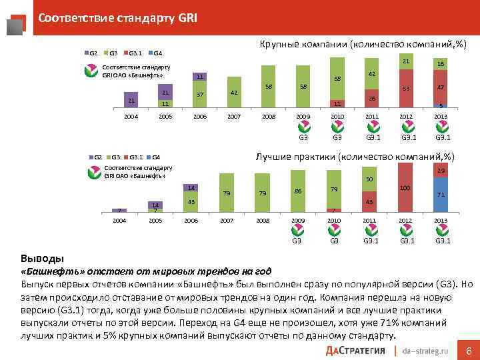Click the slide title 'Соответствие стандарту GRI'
(117, 18)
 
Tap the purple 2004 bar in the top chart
(131, 101)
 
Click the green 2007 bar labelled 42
(233, 93)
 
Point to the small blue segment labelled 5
(439, 106)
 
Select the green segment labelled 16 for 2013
(439, 63)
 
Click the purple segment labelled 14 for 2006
(191, 187)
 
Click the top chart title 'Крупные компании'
(362, 45)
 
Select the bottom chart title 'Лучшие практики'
(361, 156)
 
